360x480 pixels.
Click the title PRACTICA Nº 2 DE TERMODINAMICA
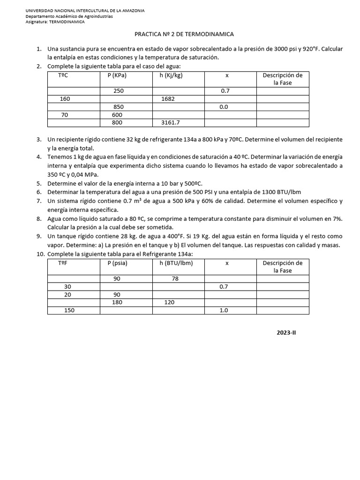[184, 34]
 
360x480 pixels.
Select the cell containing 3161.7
[170, 123]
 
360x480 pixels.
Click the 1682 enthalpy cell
[168, 99]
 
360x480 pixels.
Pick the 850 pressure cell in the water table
[118, 107]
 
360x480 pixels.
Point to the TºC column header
[63, 75]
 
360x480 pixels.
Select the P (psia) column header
[117, 263]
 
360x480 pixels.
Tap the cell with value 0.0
[224, 107]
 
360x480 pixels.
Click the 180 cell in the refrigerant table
[117, 302]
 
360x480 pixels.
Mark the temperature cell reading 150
[69, 310]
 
